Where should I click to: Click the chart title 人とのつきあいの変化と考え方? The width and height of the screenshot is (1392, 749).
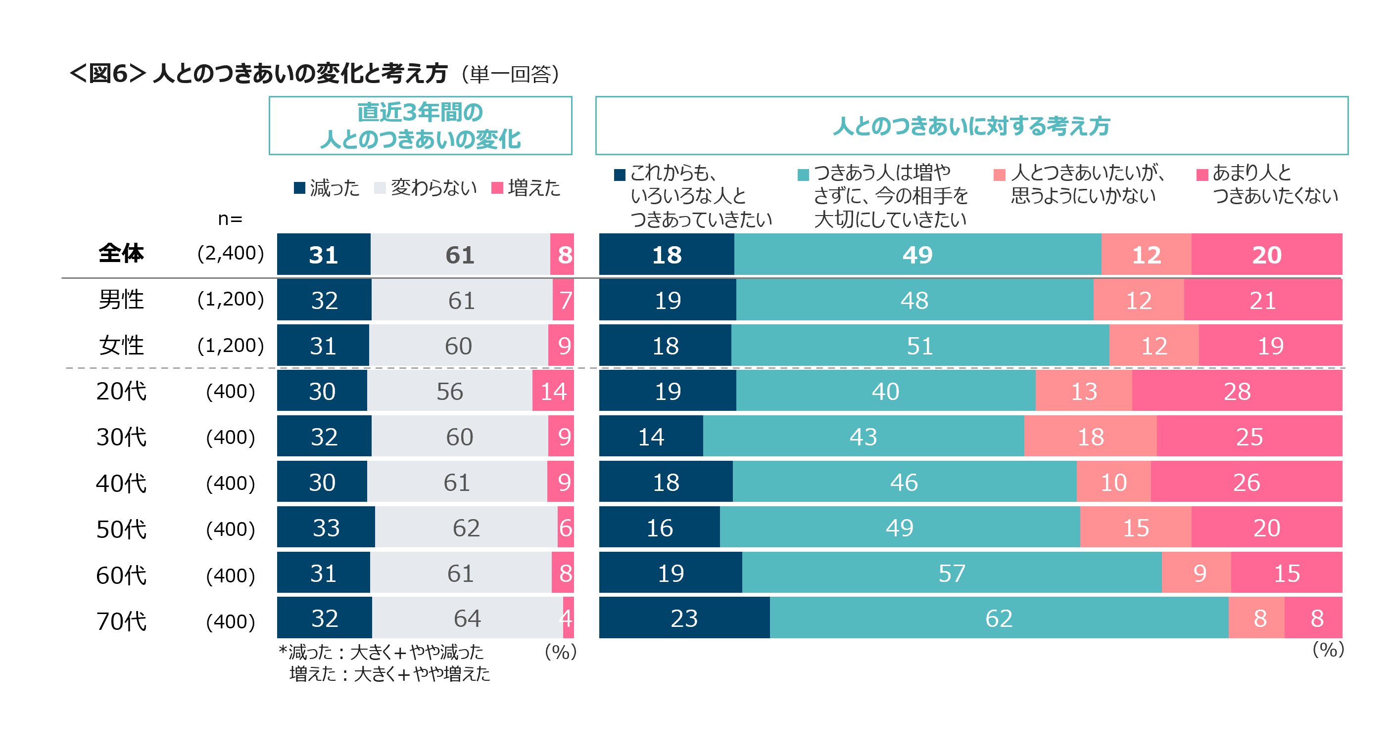(x=300, y=74)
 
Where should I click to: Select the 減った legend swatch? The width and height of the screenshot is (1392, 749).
(x=299, y=188)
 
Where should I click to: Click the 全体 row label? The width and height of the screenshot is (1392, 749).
(x=121, y=253)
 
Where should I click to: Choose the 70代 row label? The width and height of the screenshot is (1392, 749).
(x=121, y=620)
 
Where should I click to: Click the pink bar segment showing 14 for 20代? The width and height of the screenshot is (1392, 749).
(x=553, y=391)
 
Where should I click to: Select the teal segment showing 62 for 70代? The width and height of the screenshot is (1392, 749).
(x=999, y=618)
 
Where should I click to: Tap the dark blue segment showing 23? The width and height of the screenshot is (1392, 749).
(x=684, y=618)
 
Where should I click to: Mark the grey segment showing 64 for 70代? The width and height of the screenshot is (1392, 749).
(x=467, y=618)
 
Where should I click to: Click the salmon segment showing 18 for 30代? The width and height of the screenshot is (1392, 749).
(x=1091, y=437)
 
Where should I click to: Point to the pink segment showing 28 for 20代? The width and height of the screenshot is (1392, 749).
(x=1237, y=391)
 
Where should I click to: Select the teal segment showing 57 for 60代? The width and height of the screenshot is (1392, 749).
(x=951, y=573)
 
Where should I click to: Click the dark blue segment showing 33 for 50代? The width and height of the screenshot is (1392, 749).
(x=326, y=527)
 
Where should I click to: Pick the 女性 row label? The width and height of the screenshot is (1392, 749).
(x=121, y=345)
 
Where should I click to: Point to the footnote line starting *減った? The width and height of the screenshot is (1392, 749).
(x=381, y=652)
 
